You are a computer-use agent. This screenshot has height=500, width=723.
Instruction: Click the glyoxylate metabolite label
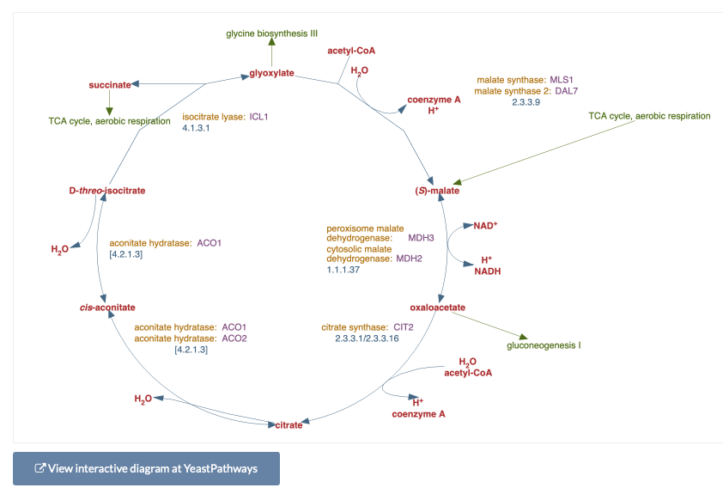271,73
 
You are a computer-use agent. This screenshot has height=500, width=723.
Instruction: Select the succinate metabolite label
110,85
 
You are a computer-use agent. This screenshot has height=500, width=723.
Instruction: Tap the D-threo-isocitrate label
107,191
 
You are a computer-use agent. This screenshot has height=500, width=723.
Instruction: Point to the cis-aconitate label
107,308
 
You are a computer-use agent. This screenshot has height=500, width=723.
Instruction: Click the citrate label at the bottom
289,424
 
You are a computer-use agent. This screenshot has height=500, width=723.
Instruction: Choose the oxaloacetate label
438,308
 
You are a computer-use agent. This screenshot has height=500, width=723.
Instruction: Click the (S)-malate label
437,191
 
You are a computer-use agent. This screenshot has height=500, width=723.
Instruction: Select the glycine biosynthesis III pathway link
271,34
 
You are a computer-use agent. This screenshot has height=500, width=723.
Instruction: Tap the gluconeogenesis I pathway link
544,345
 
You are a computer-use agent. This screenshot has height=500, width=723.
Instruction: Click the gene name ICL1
258,117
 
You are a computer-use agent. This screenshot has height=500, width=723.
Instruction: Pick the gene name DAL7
566,91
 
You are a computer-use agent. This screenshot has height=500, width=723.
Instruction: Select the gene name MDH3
421,238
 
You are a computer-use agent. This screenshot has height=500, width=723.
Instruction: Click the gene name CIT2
404,327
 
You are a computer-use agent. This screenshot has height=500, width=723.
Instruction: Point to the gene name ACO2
234,338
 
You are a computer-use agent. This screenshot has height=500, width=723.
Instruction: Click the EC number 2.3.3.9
526,102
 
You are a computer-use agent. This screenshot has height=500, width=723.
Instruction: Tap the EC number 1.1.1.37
343,270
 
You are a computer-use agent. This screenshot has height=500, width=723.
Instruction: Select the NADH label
488,271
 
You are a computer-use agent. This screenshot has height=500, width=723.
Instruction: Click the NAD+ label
485,226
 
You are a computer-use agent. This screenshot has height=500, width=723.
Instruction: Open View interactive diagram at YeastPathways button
146,468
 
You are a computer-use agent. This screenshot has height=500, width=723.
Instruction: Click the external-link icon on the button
40,468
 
